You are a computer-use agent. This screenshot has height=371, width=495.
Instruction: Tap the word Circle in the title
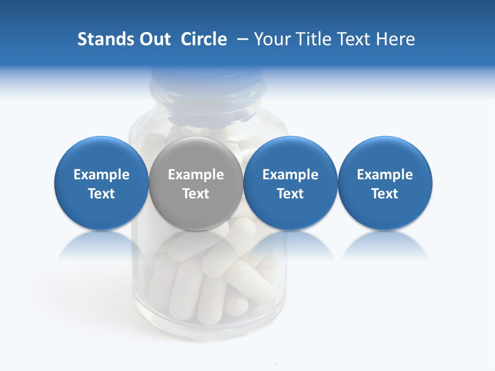pyautogui.click(x=204, y=39)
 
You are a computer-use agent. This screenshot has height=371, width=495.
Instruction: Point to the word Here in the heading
pyautogui.click(x=395, y=39)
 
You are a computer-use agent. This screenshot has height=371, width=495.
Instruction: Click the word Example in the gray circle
pyautogui.click(x=196, y=175)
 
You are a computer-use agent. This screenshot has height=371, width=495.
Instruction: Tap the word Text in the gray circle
pyautogui.click(x=196, y=194)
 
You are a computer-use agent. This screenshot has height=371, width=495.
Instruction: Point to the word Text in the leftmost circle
pyautogui.click(x=102, y=194)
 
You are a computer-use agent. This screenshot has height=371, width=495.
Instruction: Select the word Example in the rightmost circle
pyautogui.click(x=385, y=175)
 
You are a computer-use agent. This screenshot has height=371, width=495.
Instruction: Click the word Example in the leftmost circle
pyautogui.click(x=102, y=175)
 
